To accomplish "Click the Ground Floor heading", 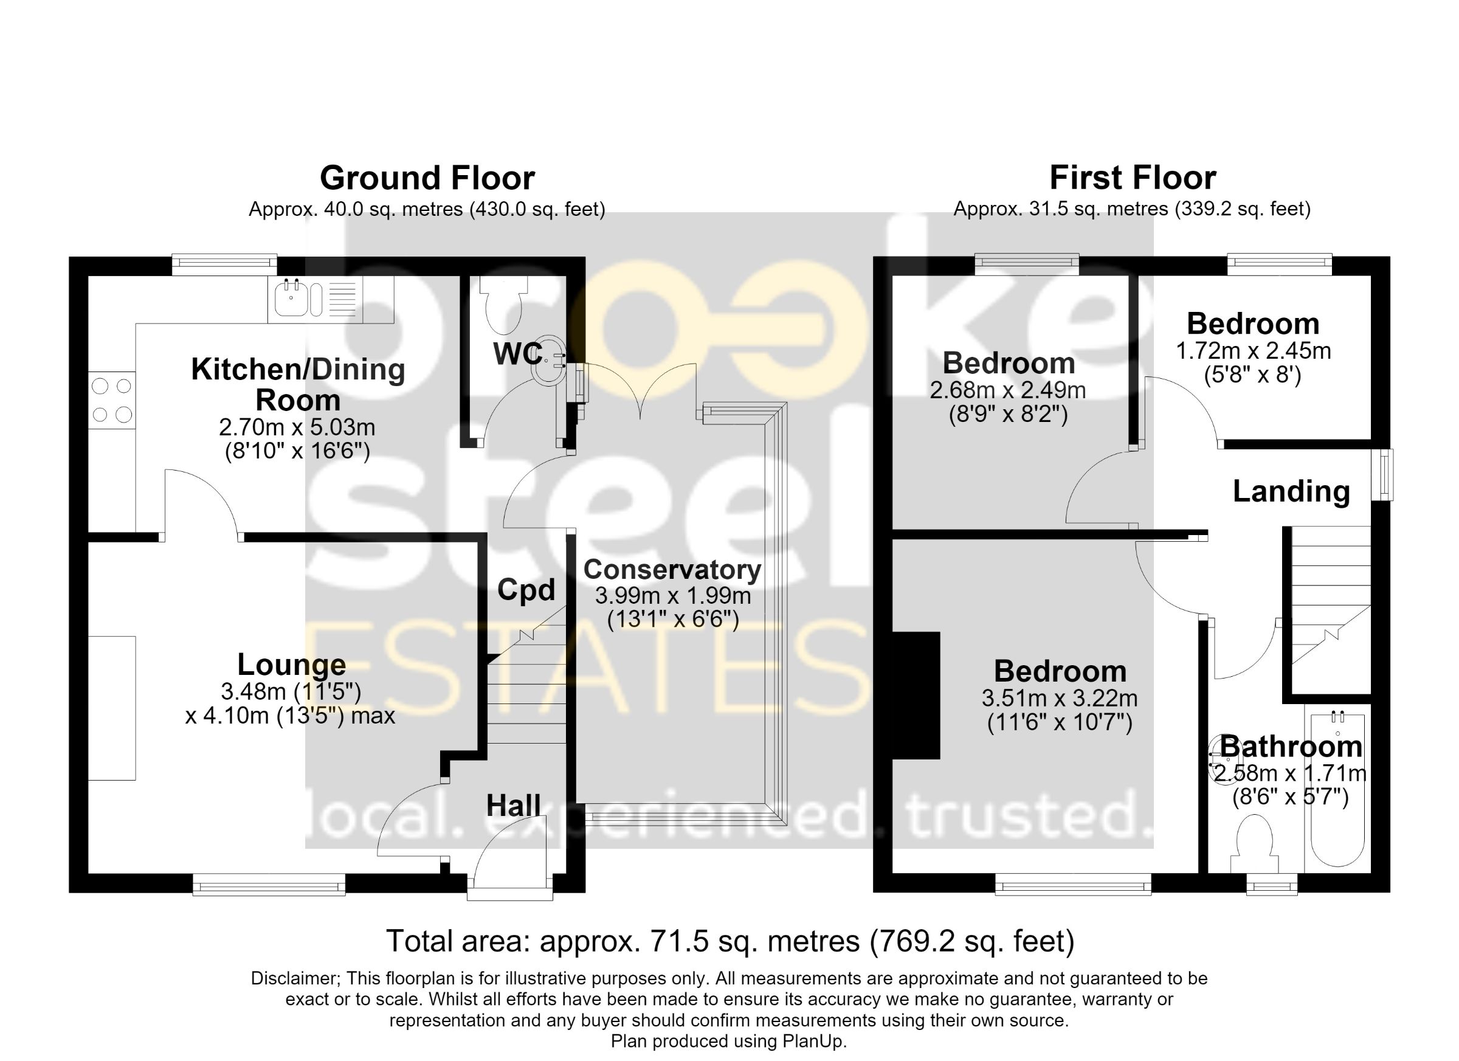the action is [x=427, y=178].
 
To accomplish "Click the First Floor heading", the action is [x=1133, y=178].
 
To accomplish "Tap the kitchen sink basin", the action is [x=291, y=299].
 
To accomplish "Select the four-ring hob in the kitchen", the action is [x=112, y=400].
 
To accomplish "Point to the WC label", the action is [x=518, y=353].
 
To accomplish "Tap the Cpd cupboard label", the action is [x=526, y=590].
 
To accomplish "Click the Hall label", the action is [x=513, y=805].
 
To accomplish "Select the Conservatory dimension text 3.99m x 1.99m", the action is [x=673, y=596].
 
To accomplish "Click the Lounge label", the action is [x=291, y=665].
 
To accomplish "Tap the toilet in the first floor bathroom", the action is [x=1254, y=845].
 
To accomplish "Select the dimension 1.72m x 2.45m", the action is [x=1253, y=351].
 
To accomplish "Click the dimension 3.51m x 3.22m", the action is [x=1060, y=698].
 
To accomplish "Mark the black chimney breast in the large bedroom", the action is [x=916, y=696].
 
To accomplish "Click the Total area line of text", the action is [x=730, y=941].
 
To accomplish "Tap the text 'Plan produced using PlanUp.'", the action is [x=729, y=1042].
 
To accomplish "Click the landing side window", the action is [x=1382, y=475].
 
